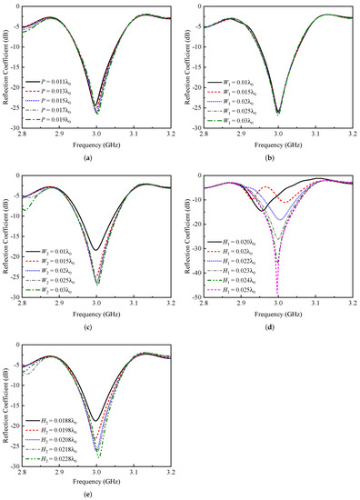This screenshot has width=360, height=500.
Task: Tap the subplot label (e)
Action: pos(96,495)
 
